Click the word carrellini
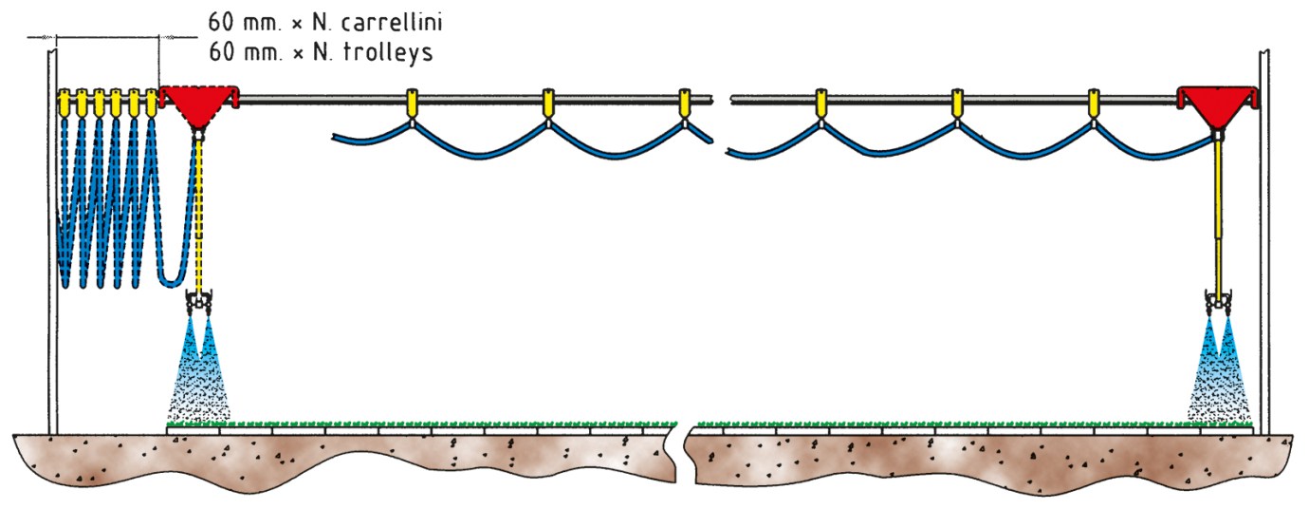coord(392,22)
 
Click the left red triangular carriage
coord(198,104)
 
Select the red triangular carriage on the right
coord(1217,104)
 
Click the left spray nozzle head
coord(198,302)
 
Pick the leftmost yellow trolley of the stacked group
coord(64,103)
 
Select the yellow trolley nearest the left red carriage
coord(152,103)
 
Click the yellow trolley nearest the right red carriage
coord(1094,103)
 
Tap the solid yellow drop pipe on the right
coord(1219,217)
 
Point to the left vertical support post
coord(52,241)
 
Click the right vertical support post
coord(1264,241)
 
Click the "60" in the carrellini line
coord(221,22)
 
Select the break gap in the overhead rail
coord(722,100)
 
